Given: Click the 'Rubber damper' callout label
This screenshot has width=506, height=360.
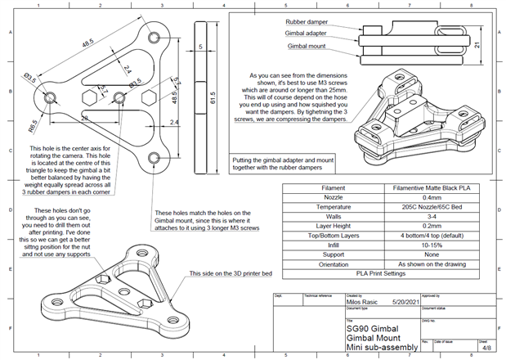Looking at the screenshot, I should click(307, 22).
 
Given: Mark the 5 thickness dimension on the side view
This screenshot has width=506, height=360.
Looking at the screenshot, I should click(199, 47).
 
